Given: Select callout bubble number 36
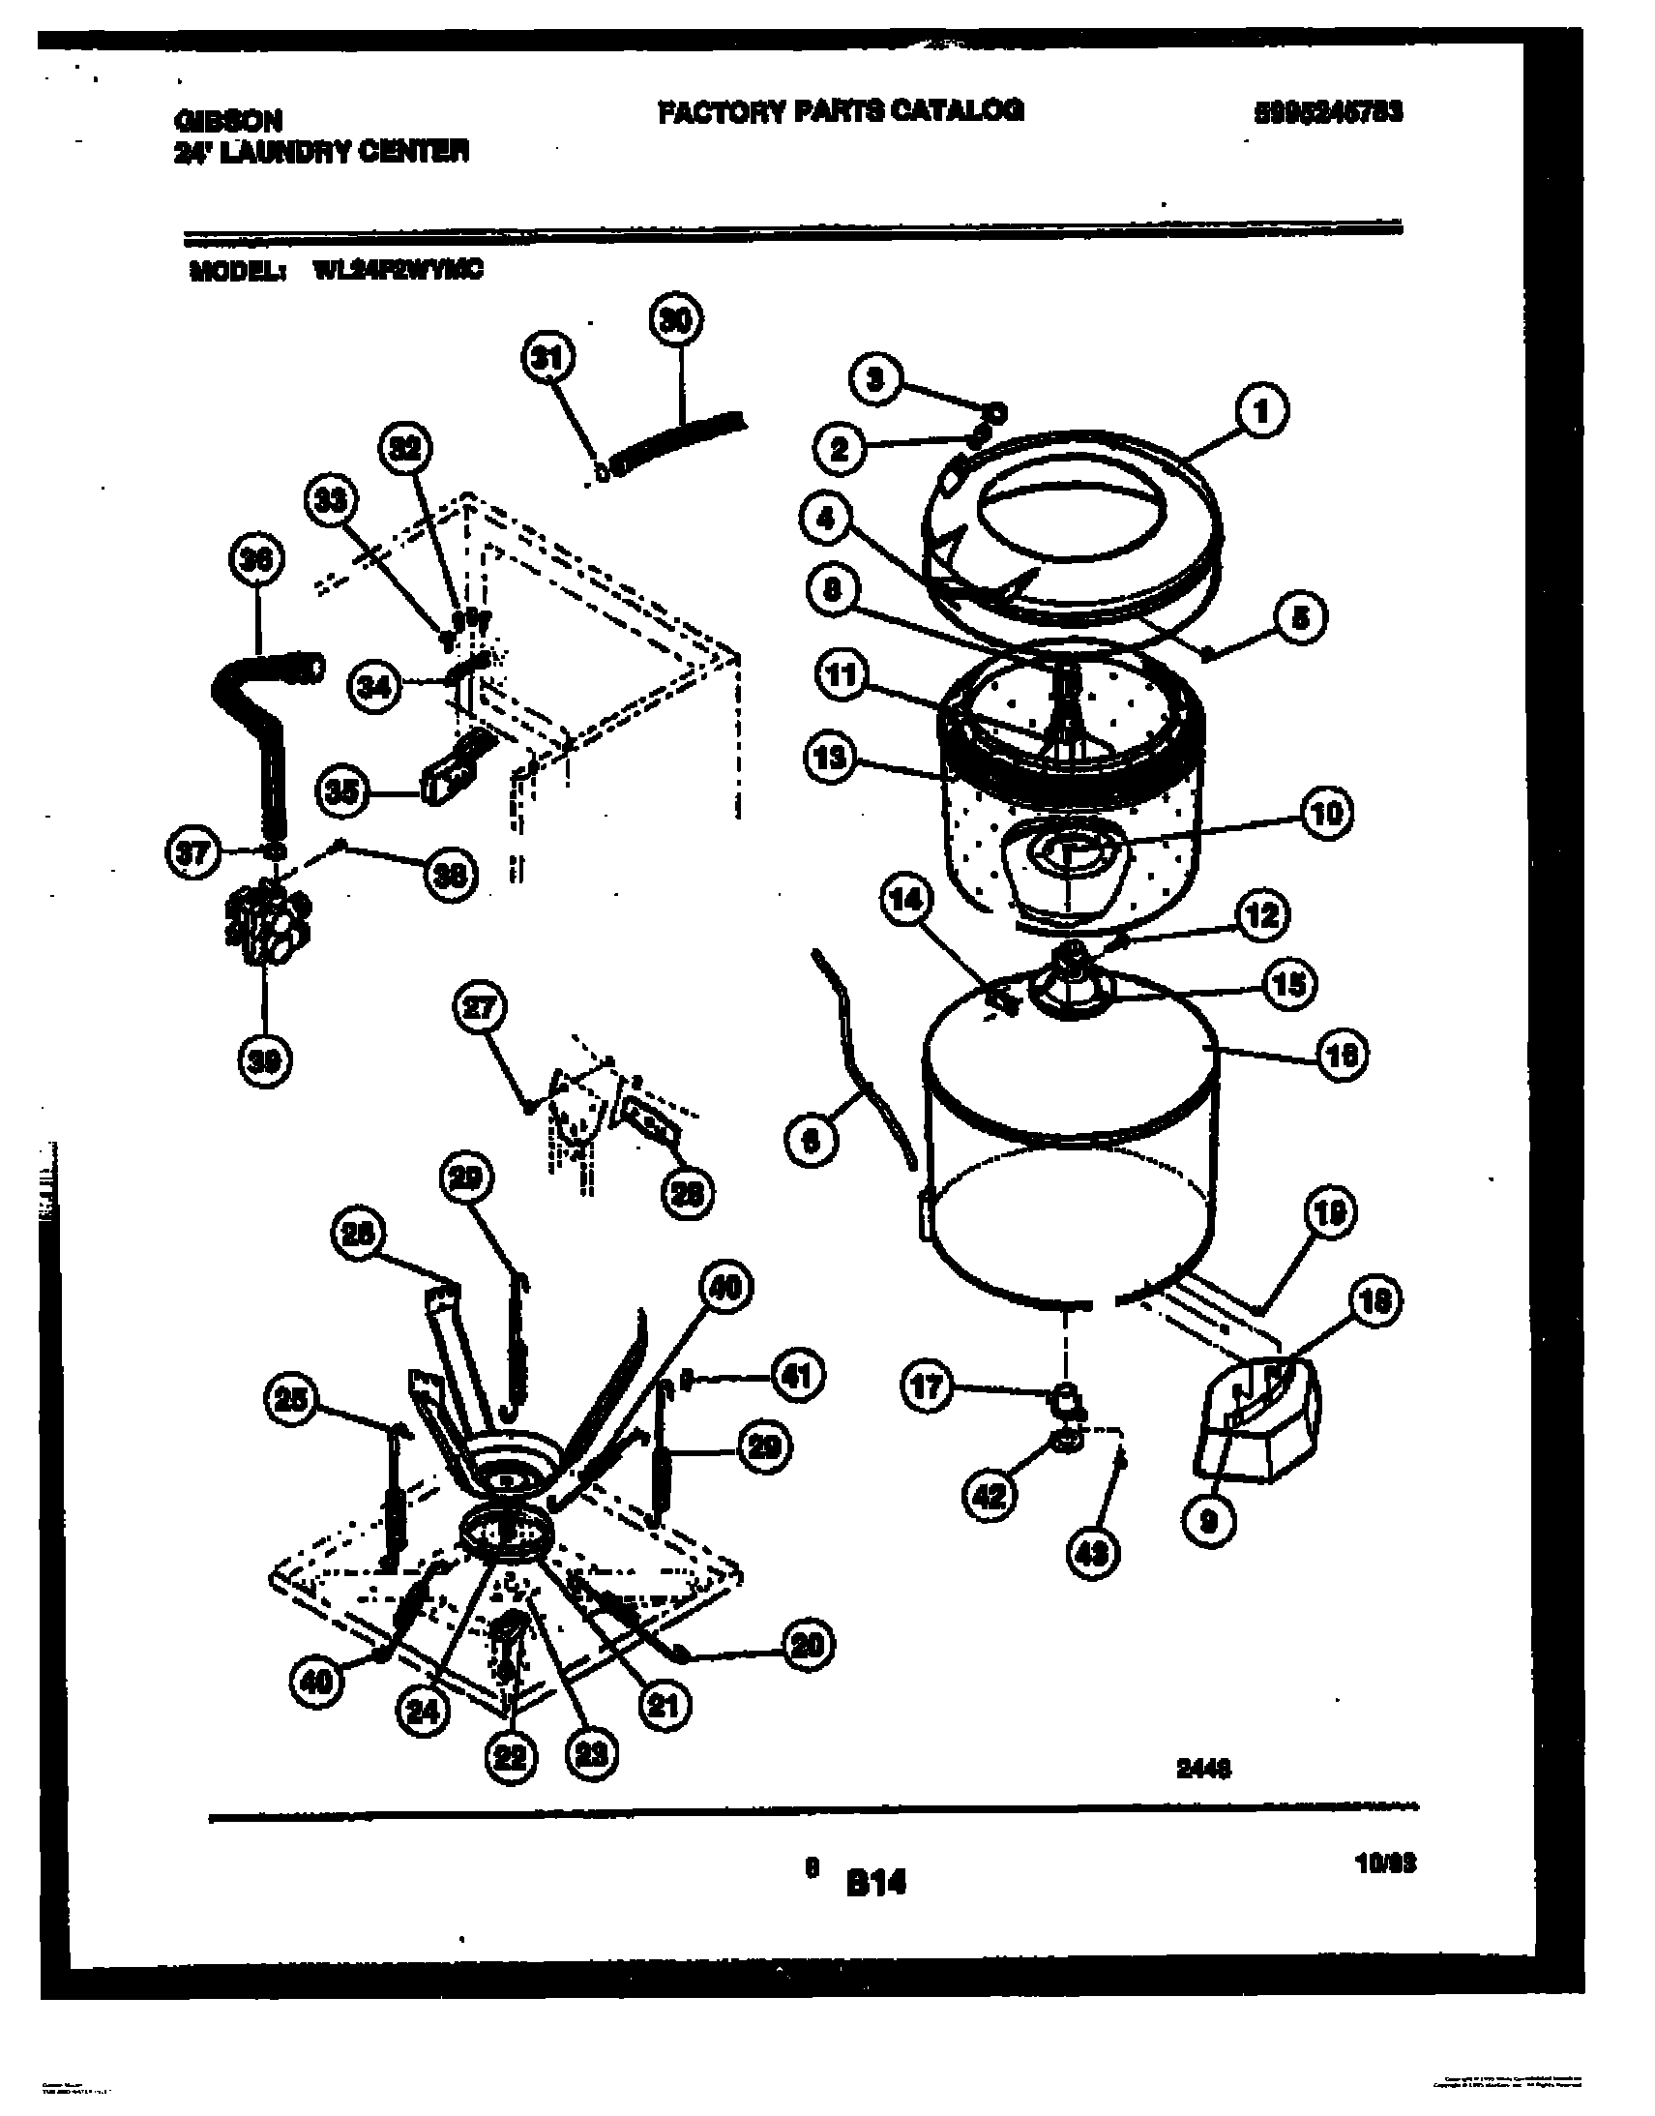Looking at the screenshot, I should pyautogui.click(x=256, y=561).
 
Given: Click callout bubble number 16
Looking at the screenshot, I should pyautogui.click(x=1341, y=1055).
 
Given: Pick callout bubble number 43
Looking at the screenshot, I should pyautogui.click(x=1094, y=1554).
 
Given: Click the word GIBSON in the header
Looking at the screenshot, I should pyautogui.click(x=227, y=120).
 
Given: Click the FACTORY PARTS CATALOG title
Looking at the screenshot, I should pyautogui.click(x=841, y=111).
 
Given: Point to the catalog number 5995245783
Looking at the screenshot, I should pyautogui.click(x=1328, y=113).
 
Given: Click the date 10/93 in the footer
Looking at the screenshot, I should pyautogui.click(x=1387, y=1863).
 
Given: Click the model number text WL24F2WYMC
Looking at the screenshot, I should pyautogui.click(x=398, y=272).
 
